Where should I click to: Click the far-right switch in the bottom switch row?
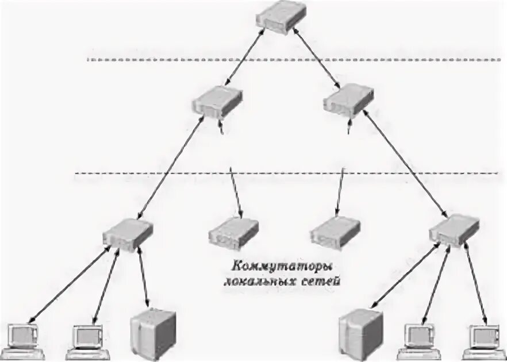click(454, 229)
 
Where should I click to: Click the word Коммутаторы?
click(267, 267)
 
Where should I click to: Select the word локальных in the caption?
click(251, 282)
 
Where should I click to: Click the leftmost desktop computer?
click(24, 338)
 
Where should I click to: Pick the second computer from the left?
click(89, 338)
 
